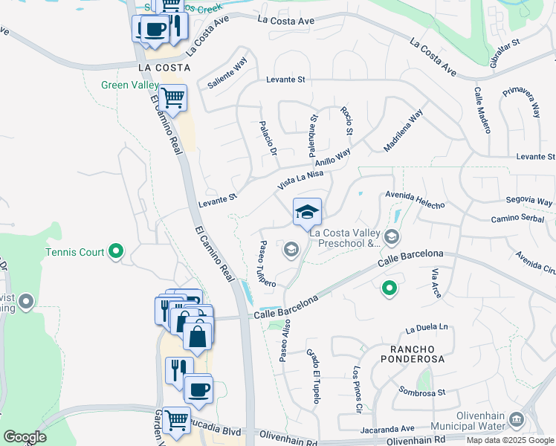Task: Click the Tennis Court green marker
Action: [x=115, y=253]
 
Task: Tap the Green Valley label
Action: [x=130, y=85]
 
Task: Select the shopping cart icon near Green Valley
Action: [x=173, y=98]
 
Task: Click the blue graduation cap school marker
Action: [x=307, y=213]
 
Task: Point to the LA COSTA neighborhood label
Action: [x=164, y=67]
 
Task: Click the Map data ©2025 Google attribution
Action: [x=510, y=440]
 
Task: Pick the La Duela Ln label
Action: [x=427, y=328]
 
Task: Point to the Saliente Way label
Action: [x=227, y=75]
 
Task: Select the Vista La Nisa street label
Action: [x=300, y=179]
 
